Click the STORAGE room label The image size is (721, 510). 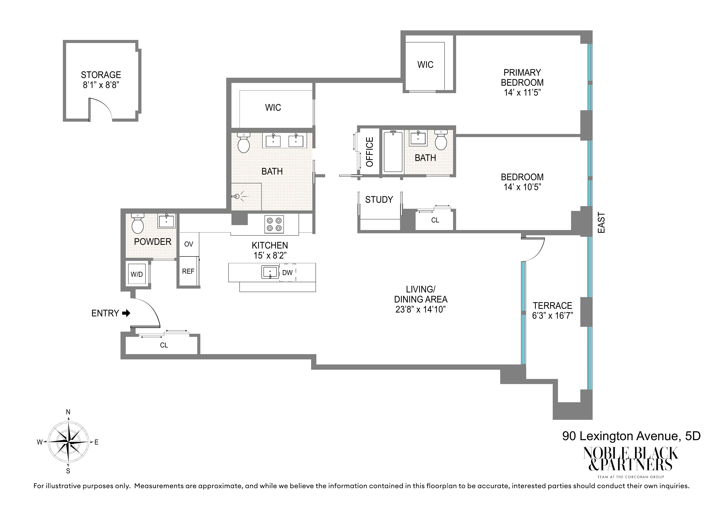tap(101, 75)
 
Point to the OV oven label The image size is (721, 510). tap(188, 244)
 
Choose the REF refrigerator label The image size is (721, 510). tap(188, 271)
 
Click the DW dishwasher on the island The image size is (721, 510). tap(287, 272)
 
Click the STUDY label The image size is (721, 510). tap(379, 199)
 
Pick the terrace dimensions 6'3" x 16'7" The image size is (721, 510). tap(552, 315)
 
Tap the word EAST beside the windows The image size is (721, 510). tap(601, 223)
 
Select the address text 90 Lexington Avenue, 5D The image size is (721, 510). tap(631, 436)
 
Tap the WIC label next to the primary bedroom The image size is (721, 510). tap(425, 65)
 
